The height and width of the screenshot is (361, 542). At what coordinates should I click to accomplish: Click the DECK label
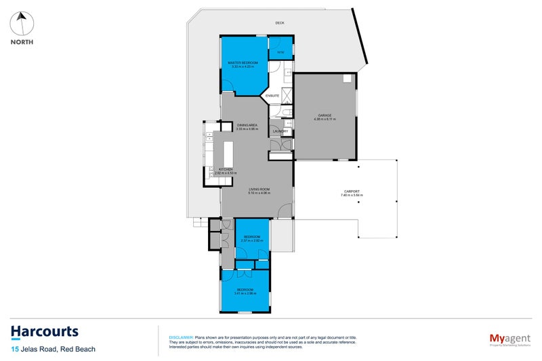[x=280, y=23]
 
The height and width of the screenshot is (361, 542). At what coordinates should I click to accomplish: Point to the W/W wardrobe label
[x=280, y=52]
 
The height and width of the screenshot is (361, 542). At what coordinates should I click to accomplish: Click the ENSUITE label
[x=272, y=96]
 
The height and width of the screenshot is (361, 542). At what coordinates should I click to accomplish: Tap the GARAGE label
[x=325, y=114]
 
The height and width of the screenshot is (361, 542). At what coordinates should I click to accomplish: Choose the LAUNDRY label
[x=280, y=131]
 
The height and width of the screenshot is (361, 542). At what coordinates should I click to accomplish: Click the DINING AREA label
[x=247, y=125]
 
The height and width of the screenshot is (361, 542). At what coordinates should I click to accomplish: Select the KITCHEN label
[x=226, y=169]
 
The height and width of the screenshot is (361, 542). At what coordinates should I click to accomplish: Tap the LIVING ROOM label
[x=258, y=189]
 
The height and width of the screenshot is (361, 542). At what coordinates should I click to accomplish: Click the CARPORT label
[x=352, y=191]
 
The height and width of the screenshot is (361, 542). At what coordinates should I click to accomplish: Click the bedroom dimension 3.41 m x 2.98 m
[x=246, y=293]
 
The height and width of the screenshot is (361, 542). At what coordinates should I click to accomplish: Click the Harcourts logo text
[x=45, y=332]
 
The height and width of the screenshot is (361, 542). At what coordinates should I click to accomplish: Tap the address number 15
[x=14, y=349]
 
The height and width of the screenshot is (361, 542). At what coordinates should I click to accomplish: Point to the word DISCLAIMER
[x=180, y=337]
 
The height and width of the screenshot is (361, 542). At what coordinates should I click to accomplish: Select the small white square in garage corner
[x=348, y=79]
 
